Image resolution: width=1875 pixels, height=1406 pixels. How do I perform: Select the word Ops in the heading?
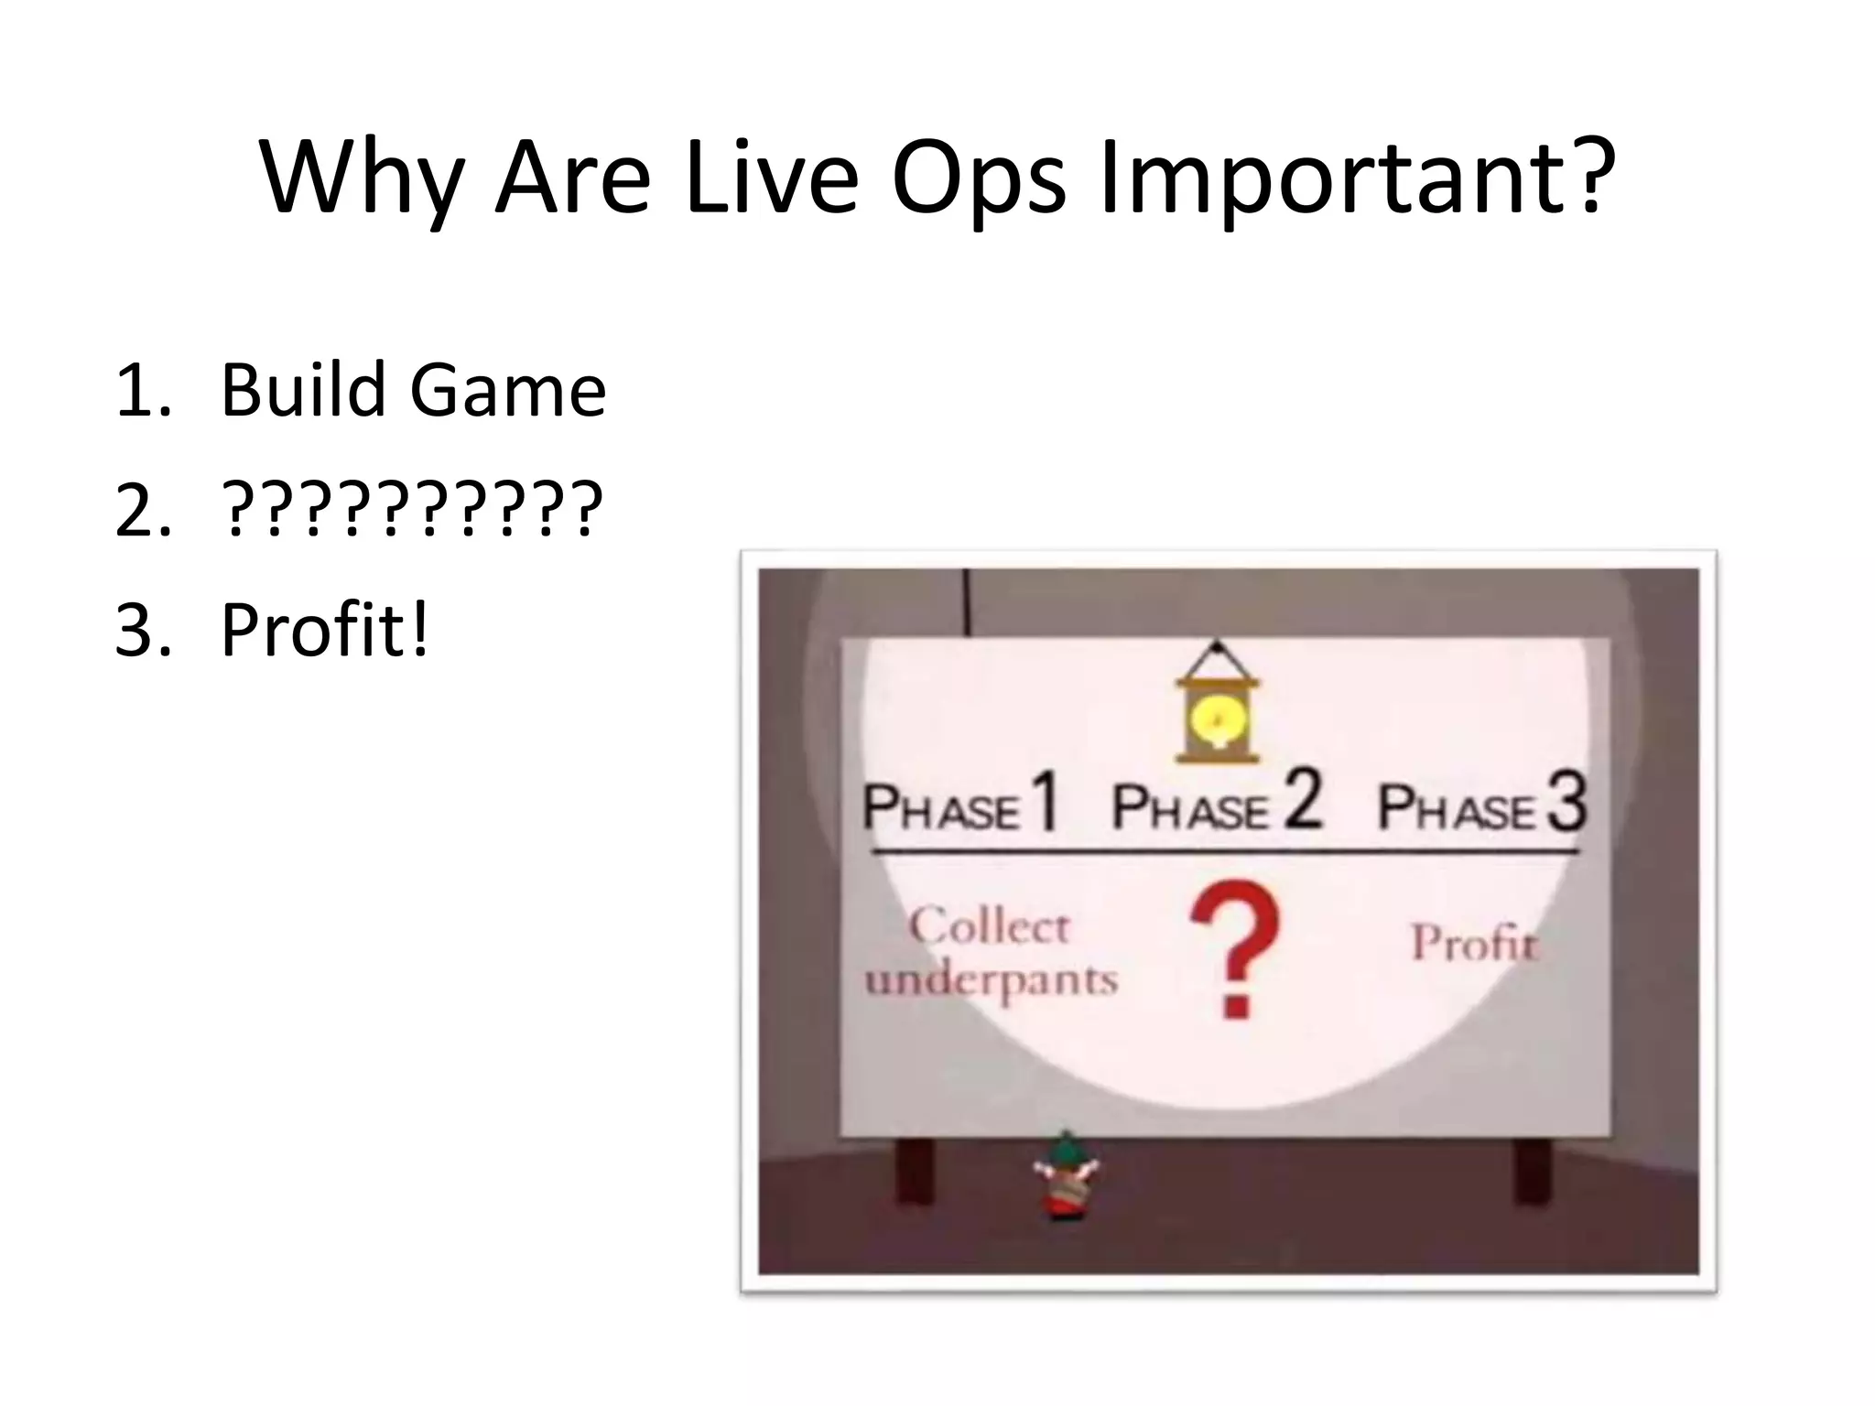coord(978,180)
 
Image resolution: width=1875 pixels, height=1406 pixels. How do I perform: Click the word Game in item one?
coord(507,391)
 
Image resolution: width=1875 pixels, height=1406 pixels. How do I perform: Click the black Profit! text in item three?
coord(325,630)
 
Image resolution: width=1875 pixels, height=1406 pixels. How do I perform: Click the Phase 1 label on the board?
coord(960,804)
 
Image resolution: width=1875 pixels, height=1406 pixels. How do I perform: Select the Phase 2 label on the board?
coord(1217,804)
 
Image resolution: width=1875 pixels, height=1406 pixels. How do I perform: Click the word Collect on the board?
coord(989,926)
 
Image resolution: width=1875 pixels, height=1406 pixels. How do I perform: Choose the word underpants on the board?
coord(992,979)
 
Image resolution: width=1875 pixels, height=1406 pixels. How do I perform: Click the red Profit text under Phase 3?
coord(1474,943)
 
